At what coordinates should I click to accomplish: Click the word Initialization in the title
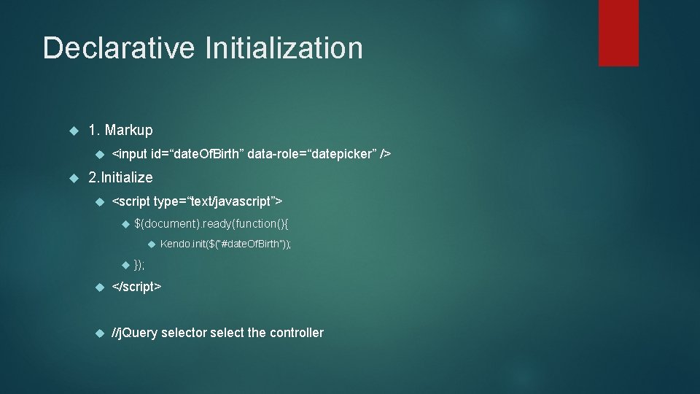coord(284,49)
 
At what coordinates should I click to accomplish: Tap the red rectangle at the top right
coord(618,33)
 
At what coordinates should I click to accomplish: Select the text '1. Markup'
coord(120,131)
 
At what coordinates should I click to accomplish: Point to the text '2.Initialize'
coord(120,177)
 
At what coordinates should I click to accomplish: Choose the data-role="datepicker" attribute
coord(314,154)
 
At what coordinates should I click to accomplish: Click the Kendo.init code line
coord(225,244)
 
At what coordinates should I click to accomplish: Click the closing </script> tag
coord(136,287)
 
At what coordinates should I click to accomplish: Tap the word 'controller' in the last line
coord(296,333)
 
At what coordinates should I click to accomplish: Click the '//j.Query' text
coord(134,333)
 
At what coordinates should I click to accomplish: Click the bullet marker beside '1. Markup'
coord(73,131)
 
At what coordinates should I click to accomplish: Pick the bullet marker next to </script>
coord(99,287)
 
